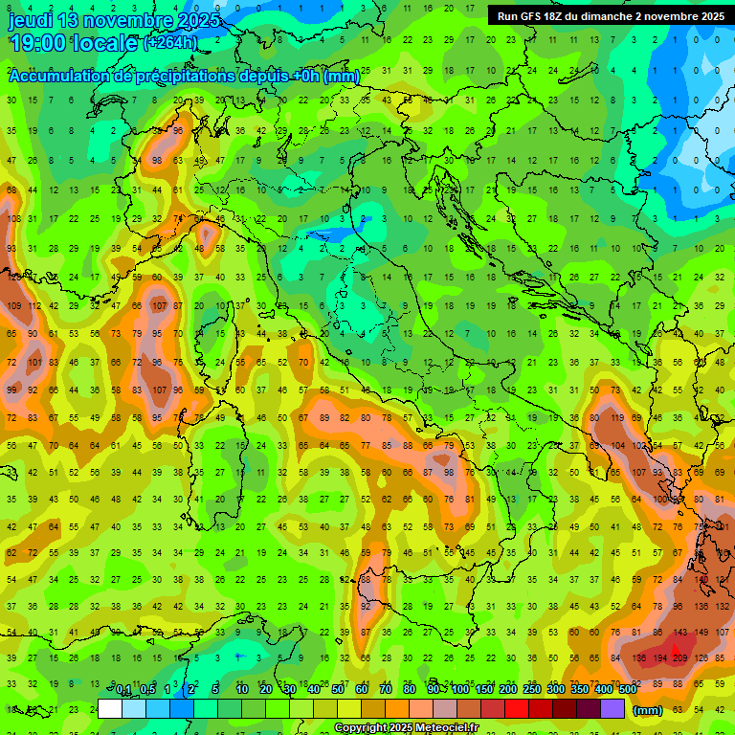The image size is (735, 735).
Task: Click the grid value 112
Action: point(34,306)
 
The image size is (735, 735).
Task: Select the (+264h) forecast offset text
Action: point(171,43)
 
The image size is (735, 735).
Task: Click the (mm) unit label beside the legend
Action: point(648,710)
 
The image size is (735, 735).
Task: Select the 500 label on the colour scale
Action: point(627,690)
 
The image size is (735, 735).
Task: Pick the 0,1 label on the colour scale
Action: point(123,690)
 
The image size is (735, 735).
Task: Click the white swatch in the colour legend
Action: point(110,709)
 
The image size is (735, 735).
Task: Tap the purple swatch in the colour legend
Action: point(612,709)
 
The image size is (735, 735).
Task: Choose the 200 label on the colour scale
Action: point(507,690)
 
